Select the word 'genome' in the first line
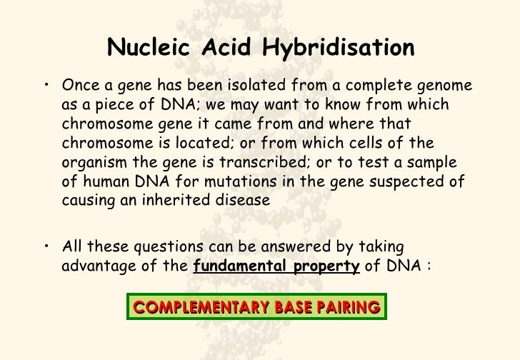(x=442, y=86)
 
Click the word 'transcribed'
(x=279, y=163)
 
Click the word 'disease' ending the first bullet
(x=244, y=201)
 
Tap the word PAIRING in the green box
(x=350, y=308)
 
